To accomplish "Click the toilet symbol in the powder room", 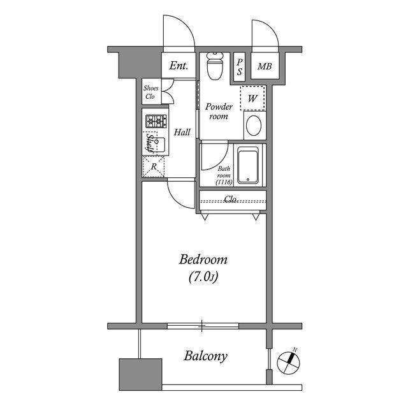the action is (215, 66).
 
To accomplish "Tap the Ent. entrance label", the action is (178, 66).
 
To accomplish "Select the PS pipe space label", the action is (240, 67).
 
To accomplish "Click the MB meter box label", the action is (265, 66).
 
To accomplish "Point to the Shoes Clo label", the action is (150, 92).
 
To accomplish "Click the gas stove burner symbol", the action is (156, 121).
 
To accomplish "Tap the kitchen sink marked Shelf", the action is (156, 145).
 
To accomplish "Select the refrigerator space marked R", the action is (154, 166).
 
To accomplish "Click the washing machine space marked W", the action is (252, 98).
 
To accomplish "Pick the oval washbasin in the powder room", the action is (254, 126).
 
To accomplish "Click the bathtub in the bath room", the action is (248, 165).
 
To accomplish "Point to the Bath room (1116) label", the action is (224, 176).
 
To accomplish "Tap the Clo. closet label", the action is (231, 200).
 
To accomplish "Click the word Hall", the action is (182, 132).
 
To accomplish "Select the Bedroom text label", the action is (203, 259).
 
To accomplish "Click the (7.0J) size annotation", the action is (203, 277).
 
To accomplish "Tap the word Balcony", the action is (205, 356).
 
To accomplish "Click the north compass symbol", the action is (289, 362).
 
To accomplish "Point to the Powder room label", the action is (219, 112).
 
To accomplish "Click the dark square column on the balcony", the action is (140, 374).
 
